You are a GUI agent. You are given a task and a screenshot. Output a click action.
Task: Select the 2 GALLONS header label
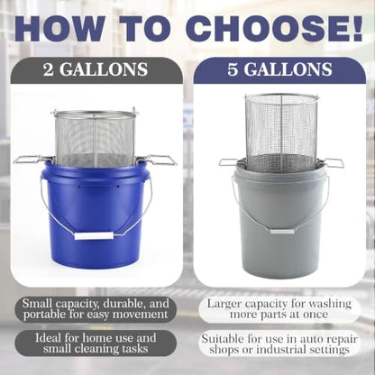(x=96, y=69)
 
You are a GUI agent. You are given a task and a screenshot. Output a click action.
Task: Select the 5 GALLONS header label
(x=279, y=69)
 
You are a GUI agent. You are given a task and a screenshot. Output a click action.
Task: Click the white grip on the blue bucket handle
(x=94, y=235)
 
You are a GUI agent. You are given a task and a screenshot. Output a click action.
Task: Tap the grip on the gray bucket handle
(x=282, y=231)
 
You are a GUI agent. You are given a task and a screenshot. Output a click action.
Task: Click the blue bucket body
(x=96, y=216)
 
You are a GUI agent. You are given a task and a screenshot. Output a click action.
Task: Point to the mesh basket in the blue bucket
(x=95, y=138)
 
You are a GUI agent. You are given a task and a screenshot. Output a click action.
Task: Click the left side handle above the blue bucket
(x=30, y=160)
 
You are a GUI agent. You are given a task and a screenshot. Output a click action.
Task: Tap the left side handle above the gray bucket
(x=229, y=162)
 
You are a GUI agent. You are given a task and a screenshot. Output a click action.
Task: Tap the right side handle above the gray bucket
(x=332, y=162)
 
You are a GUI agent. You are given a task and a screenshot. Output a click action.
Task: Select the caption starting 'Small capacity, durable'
(x=96, y=309)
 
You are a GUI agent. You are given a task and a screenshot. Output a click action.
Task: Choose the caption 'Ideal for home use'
(x=96, y=343)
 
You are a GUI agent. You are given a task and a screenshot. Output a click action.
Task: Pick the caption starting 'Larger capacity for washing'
(x=279, y=309)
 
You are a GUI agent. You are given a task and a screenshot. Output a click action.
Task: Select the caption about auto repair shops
(x=279, y=344)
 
